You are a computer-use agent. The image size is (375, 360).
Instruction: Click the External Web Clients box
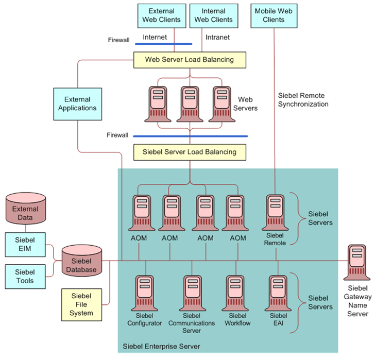[x=161, y=15]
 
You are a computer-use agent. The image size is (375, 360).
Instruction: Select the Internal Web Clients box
[x=213, y=15]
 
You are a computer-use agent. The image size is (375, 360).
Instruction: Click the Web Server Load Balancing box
[x=189, y=60]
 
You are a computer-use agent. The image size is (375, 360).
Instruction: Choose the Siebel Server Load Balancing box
[x=189, y=152]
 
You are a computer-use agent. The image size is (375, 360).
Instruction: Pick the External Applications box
[x=77, y=104]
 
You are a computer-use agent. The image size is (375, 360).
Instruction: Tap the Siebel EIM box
[x=25, y=244]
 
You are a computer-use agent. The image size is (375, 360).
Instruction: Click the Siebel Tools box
[x=25, y=276]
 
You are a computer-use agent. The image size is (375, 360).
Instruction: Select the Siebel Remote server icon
[x=275, y=212]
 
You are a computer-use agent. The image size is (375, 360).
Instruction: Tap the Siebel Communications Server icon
[x=192, y=293]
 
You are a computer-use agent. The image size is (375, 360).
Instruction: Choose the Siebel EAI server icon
[x=278, y=293]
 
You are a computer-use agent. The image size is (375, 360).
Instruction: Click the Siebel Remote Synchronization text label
[x=303, y=100]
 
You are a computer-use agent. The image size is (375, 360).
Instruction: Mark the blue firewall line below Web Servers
[x=190, y=136]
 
